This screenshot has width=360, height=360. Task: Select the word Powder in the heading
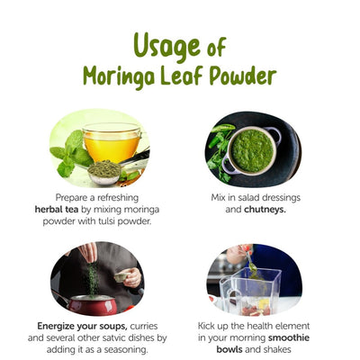pyautogui.click(x=243, y=76)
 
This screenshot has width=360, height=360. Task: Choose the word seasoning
pyautogui.click(x=136, y=349)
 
